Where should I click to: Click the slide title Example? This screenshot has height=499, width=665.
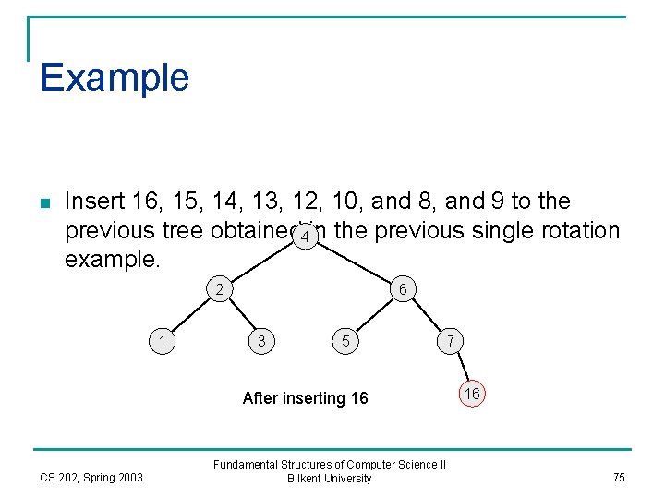pos(115,77)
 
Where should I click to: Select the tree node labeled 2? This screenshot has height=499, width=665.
pos(219,289)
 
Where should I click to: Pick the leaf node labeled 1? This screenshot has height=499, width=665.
pos(163,341)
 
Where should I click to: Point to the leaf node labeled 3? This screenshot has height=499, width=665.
pos(262,341)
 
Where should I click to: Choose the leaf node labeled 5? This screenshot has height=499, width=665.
pos(345,341)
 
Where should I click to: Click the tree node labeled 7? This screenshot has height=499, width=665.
pos(450,341)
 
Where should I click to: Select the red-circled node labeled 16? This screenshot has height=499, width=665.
pos(472,394)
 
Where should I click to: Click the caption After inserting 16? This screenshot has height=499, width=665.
pos(305,398)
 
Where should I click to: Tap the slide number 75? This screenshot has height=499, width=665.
pos(618,477)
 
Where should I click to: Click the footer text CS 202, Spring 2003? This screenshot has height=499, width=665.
pos(91,477)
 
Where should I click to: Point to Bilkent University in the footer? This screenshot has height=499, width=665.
pos(330,479)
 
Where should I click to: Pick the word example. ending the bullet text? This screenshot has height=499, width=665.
pos(112,259)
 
